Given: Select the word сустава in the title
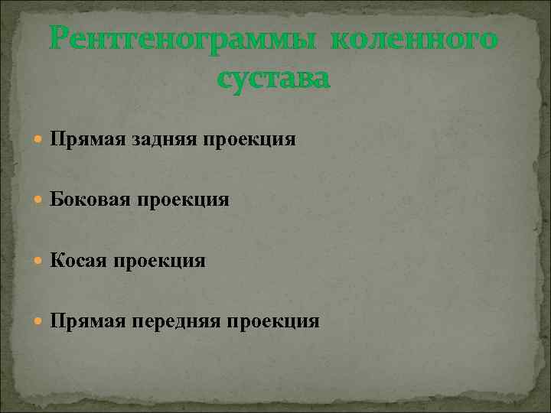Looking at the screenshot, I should tap(275, 77).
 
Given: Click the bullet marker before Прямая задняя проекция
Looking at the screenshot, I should tap(39, 139).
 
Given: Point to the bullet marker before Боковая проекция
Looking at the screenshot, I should tap(39, 200).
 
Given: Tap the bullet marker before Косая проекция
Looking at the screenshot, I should tap(39, 261).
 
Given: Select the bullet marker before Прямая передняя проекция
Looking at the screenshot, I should tap(39, 321).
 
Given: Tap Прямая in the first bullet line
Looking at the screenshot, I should tap(80, 139).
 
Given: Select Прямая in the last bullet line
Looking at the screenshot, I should tap(80, 321).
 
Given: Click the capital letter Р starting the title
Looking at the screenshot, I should tap(60, 38).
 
